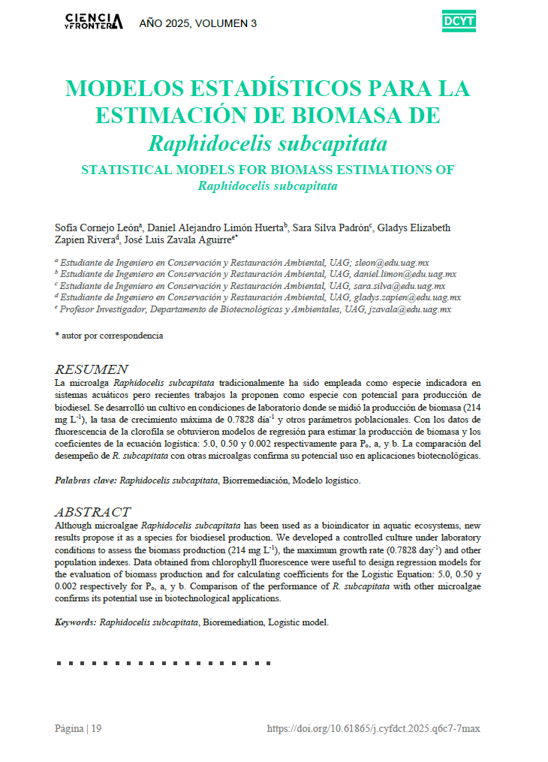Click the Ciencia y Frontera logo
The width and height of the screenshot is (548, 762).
point(93,22)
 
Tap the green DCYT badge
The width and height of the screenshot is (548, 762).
point(459,23)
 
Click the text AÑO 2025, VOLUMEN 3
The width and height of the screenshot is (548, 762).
point(198,23)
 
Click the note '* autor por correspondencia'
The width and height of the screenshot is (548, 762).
point(109,336)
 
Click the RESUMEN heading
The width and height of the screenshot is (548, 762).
point(92,369)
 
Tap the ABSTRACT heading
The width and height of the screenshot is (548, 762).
point(93,512)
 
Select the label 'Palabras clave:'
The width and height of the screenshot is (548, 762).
point(86,480)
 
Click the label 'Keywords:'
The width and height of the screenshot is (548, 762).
point(76,622)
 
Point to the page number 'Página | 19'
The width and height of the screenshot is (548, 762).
point(78,729)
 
